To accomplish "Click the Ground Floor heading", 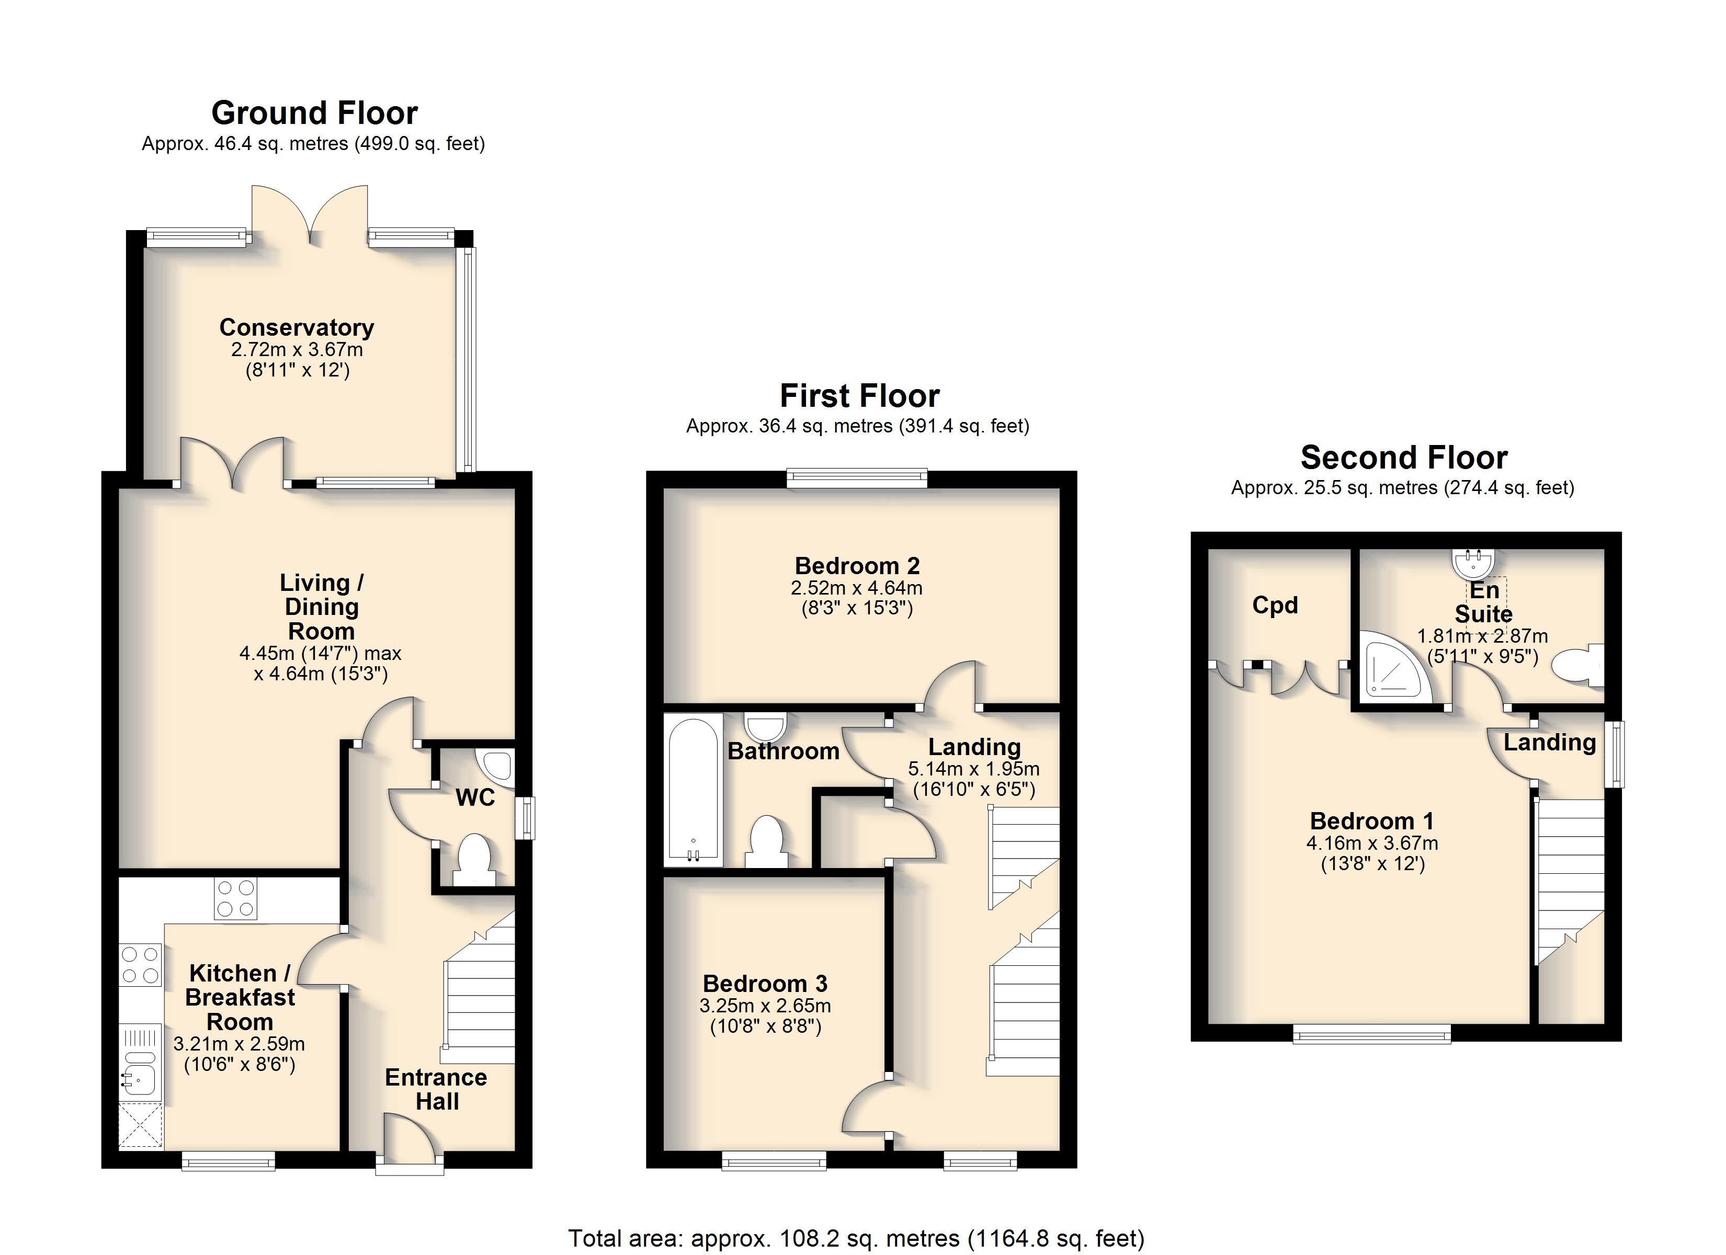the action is (x=314, y=113).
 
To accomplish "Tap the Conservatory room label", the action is (x=297, y=327).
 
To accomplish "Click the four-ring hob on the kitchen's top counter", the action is (x=235, y=899).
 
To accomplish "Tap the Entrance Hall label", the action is (x=436, y=1089).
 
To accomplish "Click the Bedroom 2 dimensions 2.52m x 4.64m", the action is (x=857, y=588).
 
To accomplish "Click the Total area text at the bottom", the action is (x=856, y=1239).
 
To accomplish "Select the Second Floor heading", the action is (x=1404, y=458).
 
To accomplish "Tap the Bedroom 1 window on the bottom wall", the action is (x=1372, y=1033).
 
